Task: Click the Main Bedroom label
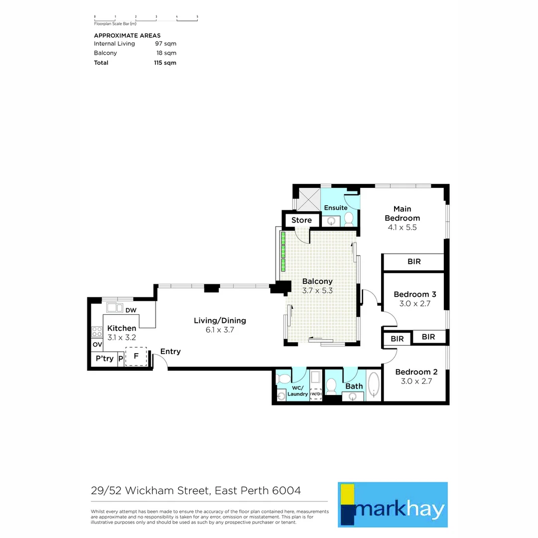[x=402, y=213]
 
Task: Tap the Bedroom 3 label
[x=411, y=294]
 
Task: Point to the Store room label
[x=301, y=220]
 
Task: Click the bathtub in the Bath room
[x=373, y=387]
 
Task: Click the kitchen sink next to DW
[x=115, y=307]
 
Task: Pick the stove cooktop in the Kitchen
[x=97, y=331]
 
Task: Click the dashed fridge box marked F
[x=136, y=357]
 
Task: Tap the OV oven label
[x=97, y=345]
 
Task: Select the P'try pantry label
[x=104, y=359]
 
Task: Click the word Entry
[x=170, y=352]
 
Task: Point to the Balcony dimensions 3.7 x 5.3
[x=317, y=291]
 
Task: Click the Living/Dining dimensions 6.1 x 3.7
[x=220, y=330]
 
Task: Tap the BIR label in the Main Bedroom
[x=413, y=262]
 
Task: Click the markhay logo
[x=393, y=504]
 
